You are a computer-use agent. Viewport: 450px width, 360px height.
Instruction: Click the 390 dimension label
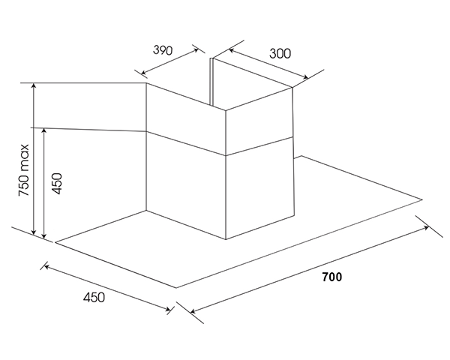point(163,50)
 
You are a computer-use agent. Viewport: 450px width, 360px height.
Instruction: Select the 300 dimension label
point(280,54)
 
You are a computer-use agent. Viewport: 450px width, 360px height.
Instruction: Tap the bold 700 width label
point(332,277)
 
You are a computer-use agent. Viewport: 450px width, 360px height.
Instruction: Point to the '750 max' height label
point(24,170)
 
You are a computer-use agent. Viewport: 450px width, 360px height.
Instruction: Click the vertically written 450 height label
point(56,184)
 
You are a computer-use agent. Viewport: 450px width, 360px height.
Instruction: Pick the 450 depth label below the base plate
point(94,297)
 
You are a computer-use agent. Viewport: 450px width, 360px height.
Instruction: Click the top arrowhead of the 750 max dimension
point(34,85)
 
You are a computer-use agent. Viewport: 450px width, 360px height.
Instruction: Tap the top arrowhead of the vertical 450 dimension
point(44,131)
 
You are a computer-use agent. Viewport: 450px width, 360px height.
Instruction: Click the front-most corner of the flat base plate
point(176,288)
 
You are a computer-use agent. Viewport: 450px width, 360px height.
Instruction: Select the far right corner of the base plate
point(422,199)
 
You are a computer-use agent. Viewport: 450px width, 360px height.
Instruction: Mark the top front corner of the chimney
point(225,110)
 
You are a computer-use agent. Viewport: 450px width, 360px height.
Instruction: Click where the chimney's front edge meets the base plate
point(226,239)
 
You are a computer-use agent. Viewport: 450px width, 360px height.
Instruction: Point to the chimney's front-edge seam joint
point(226,156)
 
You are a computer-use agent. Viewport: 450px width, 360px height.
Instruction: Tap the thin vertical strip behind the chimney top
point(212,82)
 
